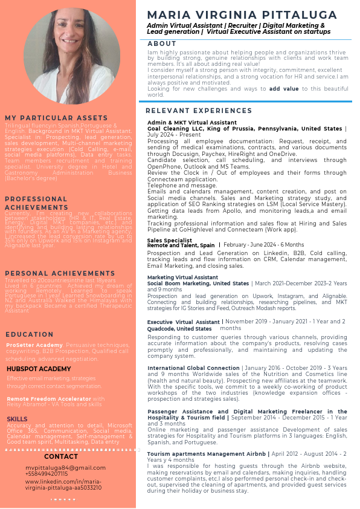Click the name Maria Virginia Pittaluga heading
(242, 15)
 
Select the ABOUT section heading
(162, 44)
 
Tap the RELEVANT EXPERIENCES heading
(199, 111)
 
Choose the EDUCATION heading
(30, 334)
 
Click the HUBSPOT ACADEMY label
(39, 369)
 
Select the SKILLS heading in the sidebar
(17, 419)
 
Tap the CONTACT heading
(66, 456)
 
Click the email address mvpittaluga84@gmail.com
(65, 468)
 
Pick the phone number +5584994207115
(47, 474)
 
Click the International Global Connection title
(193, 368)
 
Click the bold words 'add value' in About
(283, 88)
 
